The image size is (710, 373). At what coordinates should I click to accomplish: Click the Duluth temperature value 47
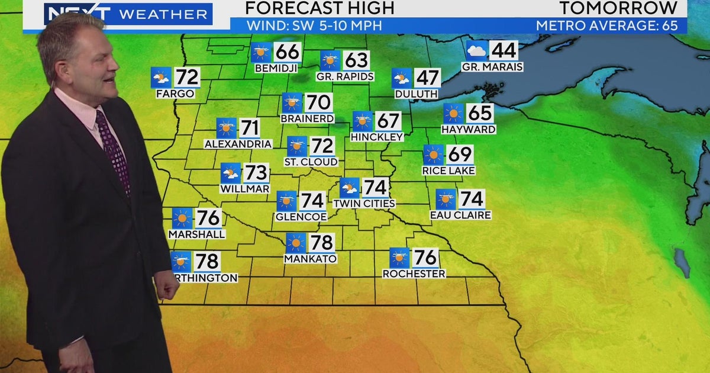pos(427,78)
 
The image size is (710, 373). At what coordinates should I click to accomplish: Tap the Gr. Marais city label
pos(492,67)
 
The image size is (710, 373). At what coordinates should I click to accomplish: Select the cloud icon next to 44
pos(476,50)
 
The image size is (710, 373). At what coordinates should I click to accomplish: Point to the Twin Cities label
pos(364,204)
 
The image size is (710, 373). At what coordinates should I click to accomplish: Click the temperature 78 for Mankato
pos(322,242)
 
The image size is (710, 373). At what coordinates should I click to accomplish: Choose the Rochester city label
pos(414,274)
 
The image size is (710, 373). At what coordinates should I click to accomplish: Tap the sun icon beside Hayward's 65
pos(454,113)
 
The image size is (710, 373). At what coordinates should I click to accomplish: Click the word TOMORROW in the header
pos(619,8)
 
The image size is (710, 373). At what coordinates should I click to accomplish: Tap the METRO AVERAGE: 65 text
pos(610,26)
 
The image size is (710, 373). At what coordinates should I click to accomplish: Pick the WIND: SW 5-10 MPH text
pos(314,26)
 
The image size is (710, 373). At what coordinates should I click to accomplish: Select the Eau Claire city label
pos(460,216)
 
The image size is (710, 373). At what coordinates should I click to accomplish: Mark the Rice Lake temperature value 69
pos(460,155)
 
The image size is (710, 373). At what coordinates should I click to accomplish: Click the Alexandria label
pos(238,144)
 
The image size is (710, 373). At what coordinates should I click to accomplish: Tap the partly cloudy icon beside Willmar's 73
pos(231,173)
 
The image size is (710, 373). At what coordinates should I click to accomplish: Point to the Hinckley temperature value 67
pos(388,121)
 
